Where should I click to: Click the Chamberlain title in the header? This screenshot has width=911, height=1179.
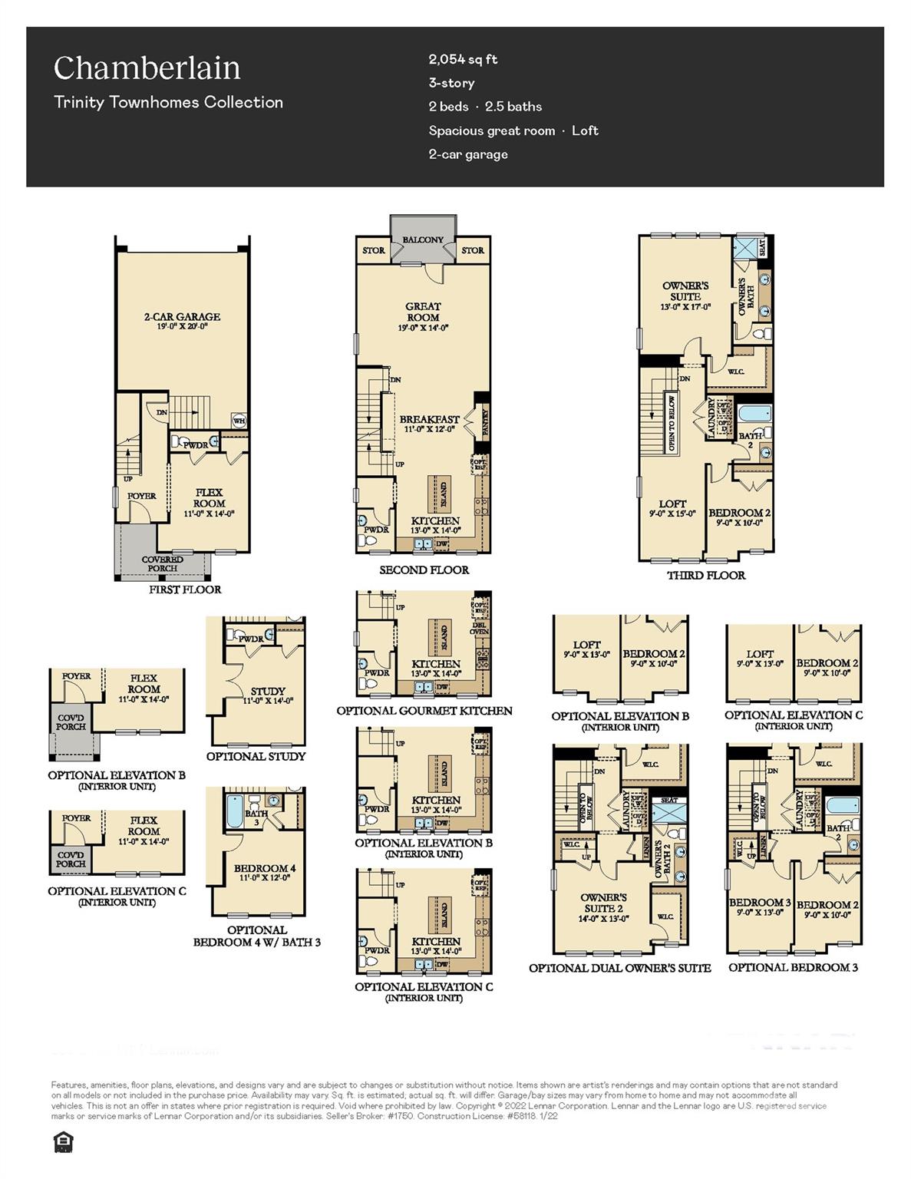point(147,68)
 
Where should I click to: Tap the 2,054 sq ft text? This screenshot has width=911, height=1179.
point(463,59)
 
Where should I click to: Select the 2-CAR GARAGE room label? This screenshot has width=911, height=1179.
point(182,317)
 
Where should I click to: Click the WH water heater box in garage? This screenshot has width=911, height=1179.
point(239,420)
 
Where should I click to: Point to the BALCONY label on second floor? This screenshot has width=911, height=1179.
point(423,239)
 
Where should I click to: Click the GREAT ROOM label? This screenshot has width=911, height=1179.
point(423,312)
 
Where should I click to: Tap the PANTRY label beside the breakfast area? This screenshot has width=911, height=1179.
point(484,421)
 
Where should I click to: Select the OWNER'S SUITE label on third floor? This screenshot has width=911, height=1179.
point(685,291)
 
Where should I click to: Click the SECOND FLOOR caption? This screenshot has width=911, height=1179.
point(424,570)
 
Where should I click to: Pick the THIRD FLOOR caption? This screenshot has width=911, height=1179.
point(705,575)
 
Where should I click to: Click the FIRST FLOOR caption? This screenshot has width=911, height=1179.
point(185,589)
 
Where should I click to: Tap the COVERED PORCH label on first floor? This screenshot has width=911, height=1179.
point(163,564)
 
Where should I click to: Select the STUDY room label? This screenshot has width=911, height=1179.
point(267,691)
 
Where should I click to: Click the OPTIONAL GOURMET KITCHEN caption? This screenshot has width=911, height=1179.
point(424,711)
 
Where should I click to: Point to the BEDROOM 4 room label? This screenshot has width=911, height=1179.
point(265,868)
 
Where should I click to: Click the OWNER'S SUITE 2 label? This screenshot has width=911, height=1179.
point(603,903)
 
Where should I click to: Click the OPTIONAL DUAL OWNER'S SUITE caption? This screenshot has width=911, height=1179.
point(619,968)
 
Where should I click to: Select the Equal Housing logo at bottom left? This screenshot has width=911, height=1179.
point(61,1142)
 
